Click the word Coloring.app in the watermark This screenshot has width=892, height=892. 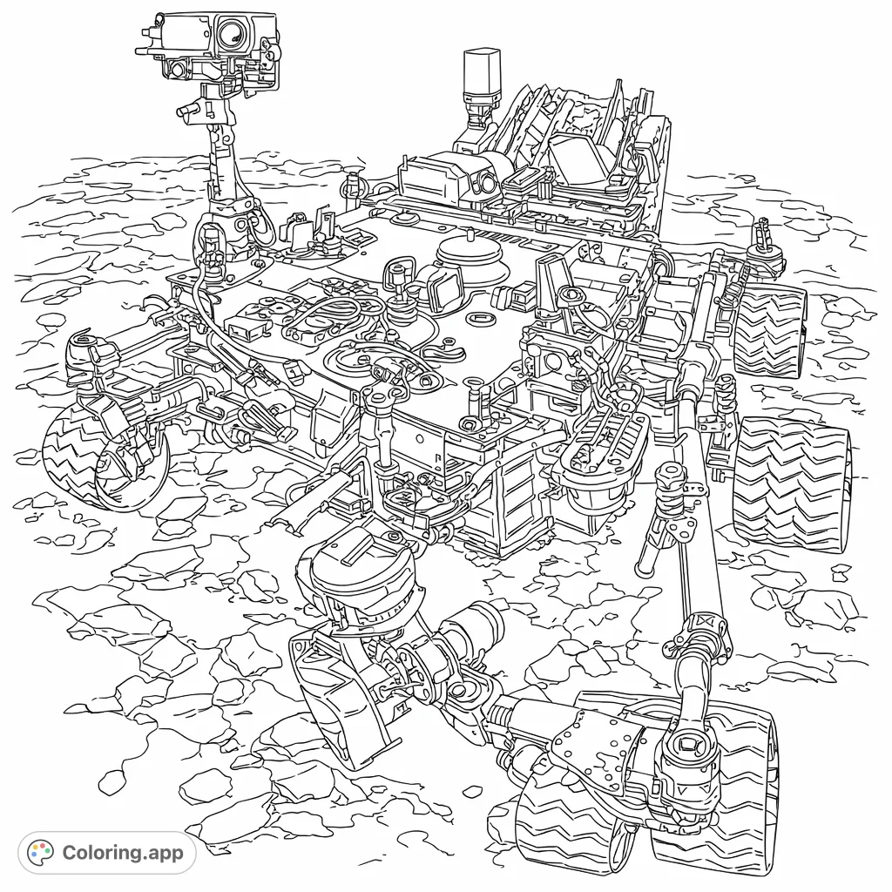[123, 852]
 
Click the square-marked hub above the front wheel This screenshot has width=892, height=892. [688, 746]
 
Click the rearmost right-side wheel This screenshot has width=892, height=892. [767, 327]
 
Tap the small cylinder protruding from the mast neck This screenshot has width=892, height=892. [188, 109]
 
